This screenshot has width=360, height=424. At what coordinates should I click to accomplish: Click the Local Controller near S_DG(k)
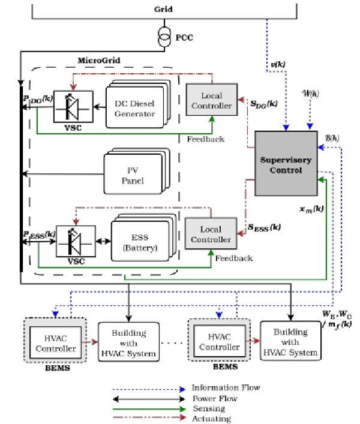click(x=208, y=100)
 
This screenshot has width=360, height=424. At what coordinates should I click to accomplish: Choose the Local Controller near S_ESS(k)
click(x=208, y=234)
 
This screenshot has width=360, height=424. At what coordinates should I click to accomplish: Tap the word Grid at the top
click(x=163, y=10)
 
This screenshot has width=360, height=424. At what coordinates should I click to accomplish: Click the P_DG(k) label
click(x=40, y=101)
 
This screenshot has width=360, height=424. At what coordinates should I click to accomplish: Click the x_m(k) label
click(x=310, y=209)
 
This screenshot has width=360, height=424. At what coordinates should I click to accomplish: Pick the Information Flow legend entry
click(x=226, y=388)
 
